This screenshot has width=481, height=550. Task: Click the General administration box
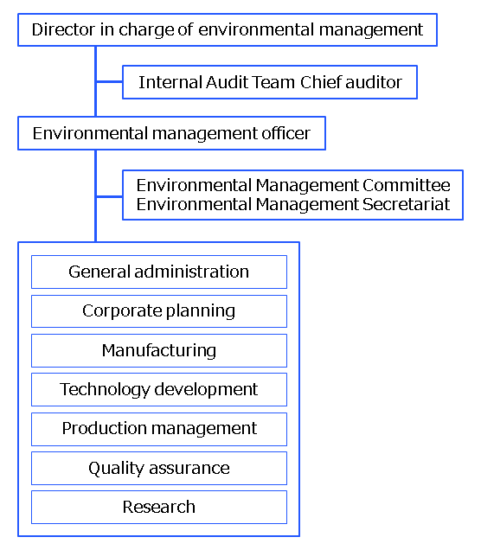(x=159, y=272)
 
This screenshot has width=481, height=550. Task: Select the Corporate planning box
(x=159, y=311)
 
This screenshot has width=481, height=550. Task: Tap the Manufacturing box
(x=159, y=350)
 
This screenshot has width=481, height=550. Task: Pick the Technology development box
(x=159, y=389)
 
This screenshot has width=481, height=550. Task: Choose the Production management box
(x=159, y=429)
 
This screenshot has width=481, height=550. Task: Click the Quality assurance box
(x=159, y=468)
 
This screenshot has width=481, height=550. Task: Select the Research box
(x=159, y=508)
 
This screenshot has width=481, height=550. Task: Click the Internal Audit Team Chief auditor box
(x=270, y=82)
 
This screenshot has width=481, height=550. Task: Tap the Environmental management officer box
(x=171, y=133)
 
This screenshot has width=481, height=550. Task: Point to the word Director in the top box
(x=63, y=29)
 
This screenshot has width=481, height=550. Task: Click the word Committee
(x=407, y=185)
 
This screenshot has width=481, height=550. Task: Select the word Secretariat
(x=406, y=204)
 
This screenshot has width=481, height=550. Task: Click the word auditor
(x=374, y=82)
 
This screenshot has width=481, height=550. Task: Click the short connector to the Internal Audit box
(x=109, y=82)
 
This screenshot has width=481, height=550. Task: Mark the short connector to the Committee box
(x=109, y=196)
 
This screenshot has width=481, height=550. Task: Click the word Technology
(x=105, y=390)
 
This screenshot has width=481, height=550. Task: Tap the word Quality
(x=115, y=469)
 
